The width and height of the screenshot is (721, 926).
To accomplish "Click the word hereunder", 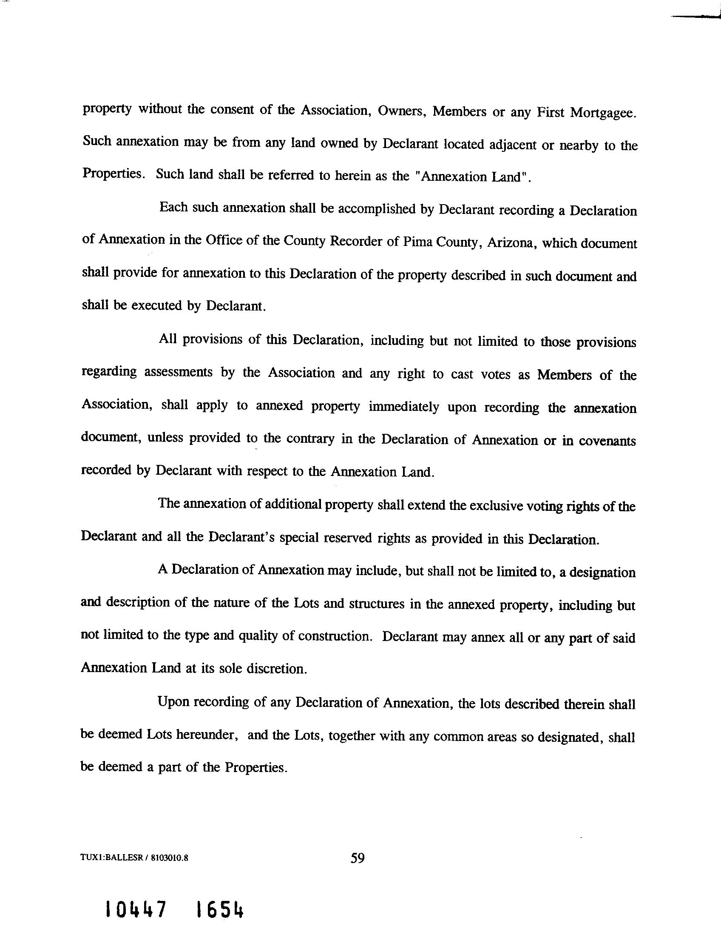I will [x=206, y=735].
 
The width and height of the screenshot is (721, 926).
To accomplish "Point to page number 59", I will [x=358, y=858].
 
